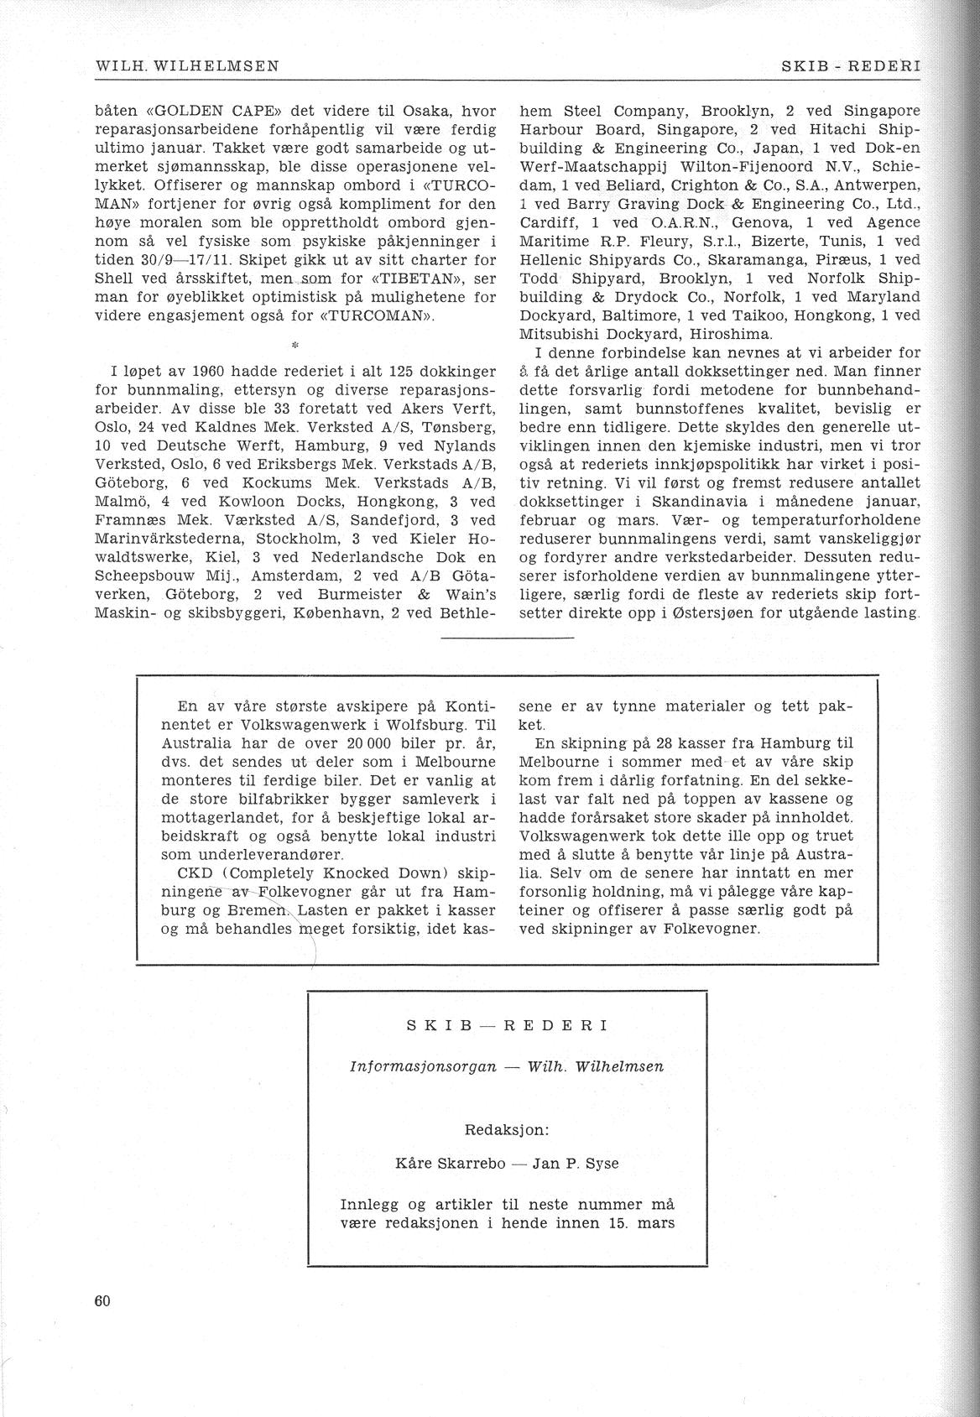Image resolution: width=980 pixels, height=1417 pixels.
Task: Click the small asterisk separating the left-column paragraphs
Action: tap(295, 343)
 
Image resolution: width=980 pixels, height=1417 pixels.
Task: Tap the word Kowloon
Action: tap(274, 501)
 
